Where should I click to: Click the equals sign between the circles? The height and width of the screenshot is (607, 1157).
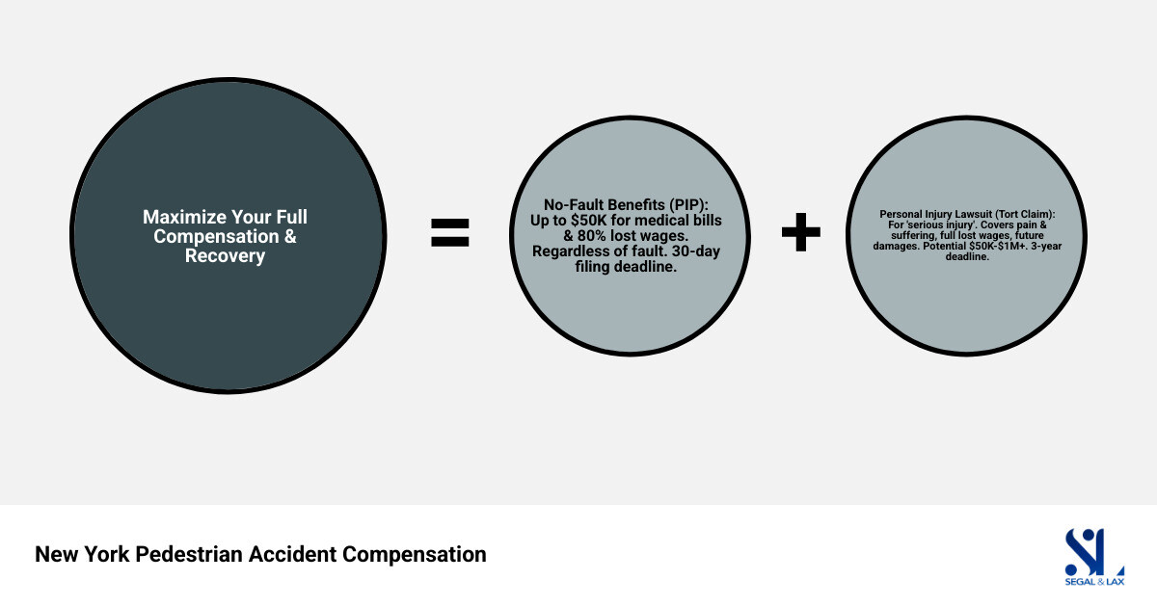[x=449, y=232]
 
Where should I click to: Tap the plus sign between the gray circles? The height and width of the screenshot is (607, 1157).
[x=800, y=232]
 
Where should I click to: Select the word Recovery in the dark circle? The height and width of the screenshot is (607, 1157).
[x=225, y=257]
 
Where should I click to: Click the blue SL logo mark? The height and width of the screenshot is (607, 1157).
[x=1093, y=550]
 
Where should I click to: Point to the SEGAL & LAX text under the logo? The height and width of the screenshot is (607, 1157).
[x=1093, y=581]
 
